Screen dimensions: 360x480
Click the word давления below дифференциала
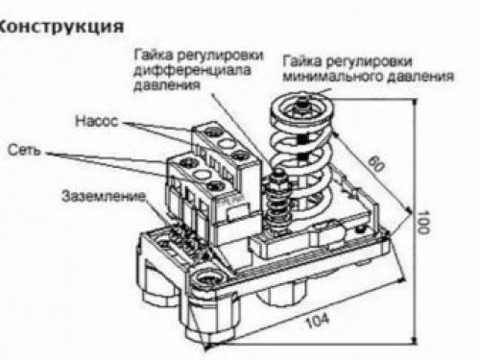tap(160, 84)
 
